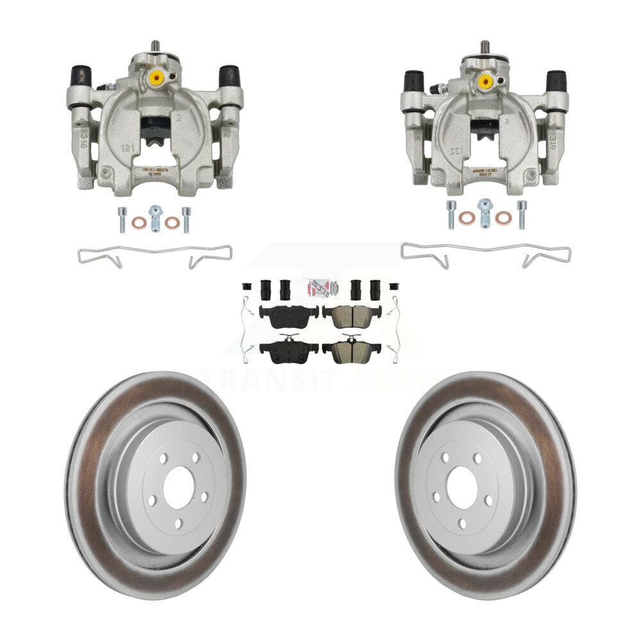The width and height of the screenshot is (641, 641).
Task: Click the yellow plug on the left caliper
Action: point(156,78)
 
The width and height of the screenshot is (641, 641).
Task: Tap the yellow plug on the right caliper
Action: point(485,81)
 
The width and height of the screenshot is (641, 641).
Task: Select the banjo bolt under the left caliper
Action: point(154,217)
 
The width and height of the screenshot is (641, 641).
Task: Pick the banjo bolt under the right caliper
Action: point(485,213)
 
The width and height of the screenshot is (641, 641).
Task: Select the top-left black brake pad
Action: point(288,315)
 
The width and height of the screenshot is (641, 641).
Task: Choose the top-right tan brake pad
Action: point(352,315)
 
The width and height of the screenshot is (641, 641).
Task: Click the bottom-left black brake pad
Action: point(288,349)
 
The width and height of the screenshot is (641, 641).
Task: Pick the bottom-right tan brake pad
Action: point(351,349)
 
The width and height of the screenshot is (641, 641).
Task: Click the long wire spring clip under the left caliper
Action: point(154,255)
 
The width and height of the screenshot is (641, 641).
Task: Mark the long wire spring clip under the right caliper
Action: point(485,253)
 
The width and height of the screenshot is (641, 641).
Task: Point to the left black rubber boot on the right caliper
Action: point(413,81)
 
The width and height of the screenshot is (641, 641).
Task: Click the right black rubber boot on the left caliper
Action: point(229,76)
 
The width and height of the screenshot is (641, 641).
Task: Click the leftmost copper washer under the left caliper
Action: point(138,223)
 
